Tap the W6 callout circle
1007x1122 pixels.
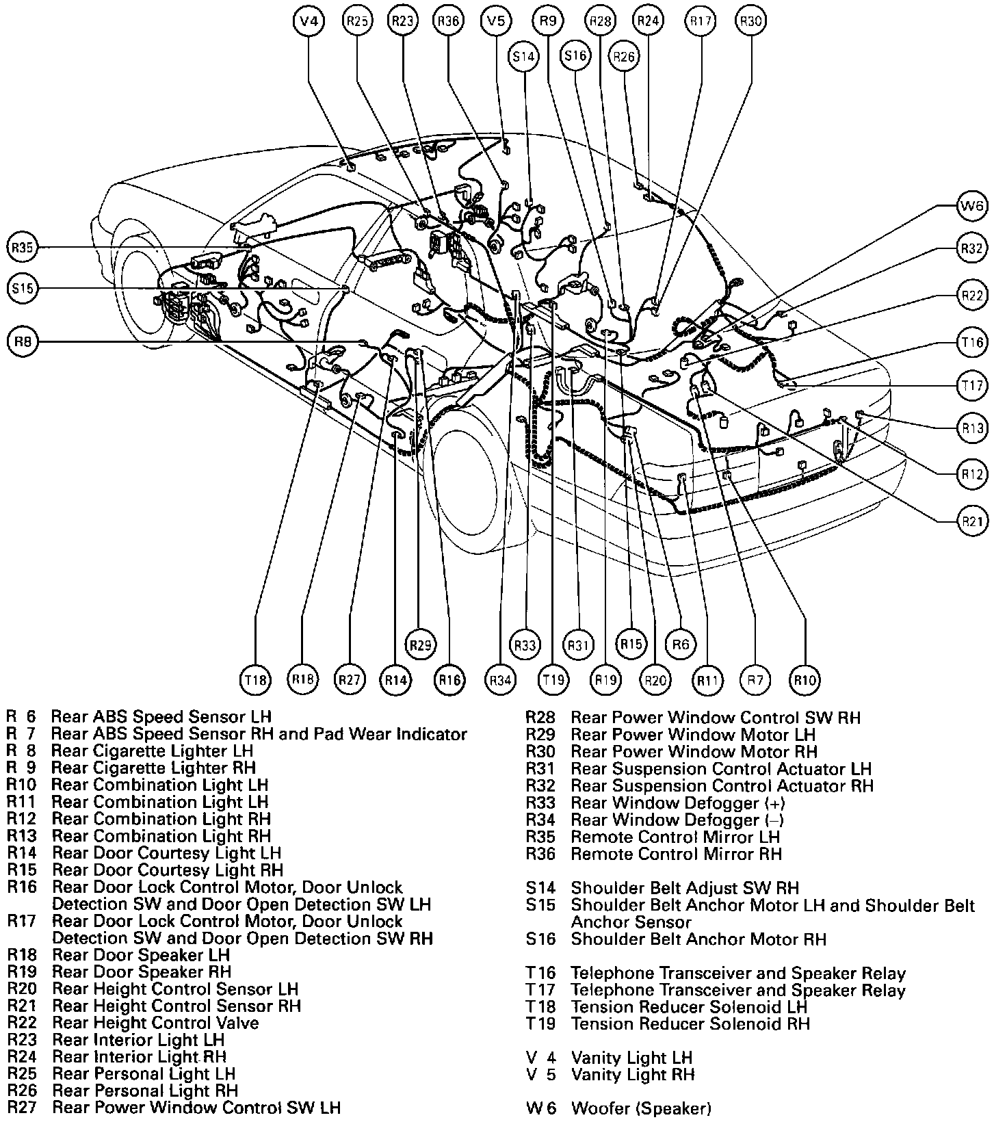pyautogui.click(x=971, y=207)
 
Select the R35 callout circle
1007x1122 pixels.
pyautogui.click(x=23, y=248)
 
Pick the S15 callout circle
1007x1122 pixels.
pyautogui.click(x=23, y=289)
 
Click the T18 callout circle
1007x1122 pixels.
pyautogui.click(x=255, y=680)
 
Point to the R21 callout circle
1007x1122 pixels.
pyautogui.click(x=971, y=521)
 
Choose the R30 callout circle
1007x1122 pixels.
pyautogui.click(x=750, y=21)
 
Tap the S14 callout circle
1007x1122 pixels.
pyautogui.click(x=524, y=57)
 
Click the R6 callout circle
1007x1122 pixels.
pyautogui.click(x=680, y=644)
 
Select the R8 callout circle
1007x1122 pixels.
pyautogui.click(x=23, y=341)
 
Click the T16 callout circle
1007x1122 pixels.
pyautogui.click(x=971, y=342)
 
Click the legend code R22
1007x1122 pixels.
pyautogui.click(x=21, y=1023)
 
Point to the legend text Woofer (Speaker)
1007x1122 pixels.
pyautogui.click(x=641, y=1108)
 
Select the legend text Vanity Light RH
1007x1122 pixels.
pyautogui.click(x=632, y=1075)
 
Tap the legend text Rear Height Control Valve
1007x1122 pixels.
pyautogui.click(x=155, y=1023)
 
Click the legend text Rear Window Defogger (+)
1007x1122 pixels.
pyautogui.click(x=677, y=803)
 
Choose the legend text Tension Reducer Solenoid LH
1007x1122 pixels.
pyautogui.click(x=689, y=1007)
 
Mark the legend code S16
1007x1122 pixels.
pyautogui.click(x=540, y=939)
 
